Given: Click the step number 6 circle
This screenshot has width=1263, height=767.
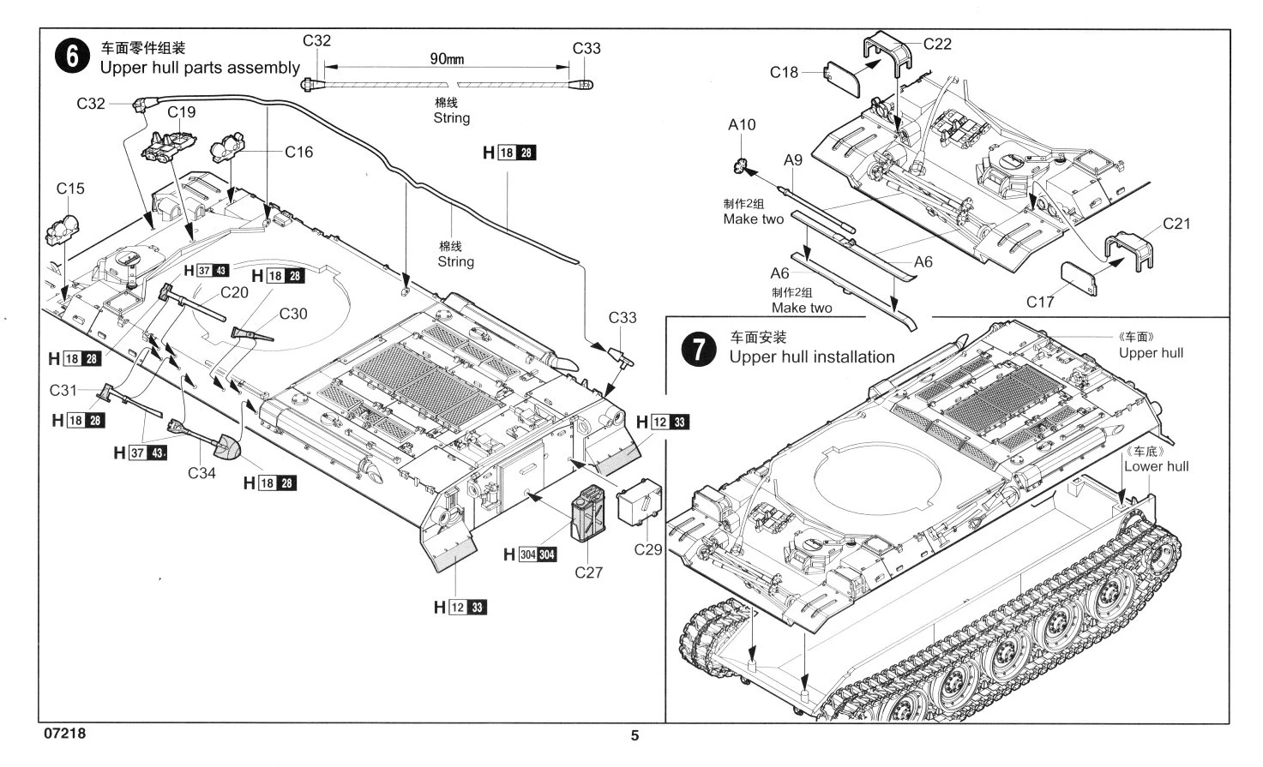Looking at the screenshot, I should tap(71, 57).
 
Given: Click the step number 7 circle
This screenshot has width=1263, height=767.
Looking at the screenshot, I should tap(697, 350).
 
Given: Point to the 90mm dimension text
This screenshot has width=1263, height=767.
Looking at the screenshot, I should tap(447, 59).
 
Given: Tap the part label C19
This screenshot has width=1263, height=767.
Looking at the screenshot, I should tap(181, 111).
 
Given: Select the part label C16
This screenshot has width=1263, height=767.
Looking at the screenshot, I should tap(299, 152).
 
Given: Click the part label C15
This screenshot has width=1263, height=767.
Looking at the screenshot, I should tap(70, 189).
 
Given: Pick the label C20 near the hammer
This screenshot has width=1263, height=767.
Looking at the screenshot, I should tap(234, 292).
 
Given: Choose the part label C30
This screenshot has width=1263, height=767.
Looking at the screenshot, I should tap(293, 314).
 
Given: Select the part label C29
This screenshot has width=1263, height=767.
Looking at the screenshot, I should tap(648, 549).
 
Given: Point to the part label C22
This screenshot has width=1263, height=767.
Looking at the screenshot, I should tap(937, 44).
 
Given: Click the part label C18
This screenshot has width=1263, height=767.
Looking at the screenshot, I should tap(784, 73).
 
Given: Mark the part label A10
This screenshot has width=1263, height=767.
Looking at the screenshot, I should tap(742, 125).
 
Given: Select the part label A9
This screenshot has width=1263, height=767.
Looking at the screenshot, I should tap(792, 160).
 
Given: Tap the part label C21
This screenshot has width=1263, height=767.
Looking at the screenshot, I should tap(1176, 224).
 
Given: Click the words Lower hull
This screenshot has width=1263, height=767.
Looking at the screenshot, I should tap(1156, 466).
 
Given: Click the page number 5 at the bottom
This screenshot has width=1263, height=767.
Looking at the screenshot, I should tap(635, 735).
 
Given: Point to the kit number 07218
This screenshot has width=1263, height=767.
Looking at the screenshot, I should tap(63, 734).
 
